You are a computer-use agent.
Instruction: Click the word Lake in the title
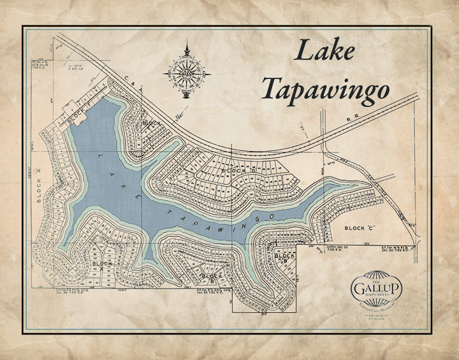325,51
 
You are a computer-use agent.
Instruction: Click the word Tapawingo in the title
326,89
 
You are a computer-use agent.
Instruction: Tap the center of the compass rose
187,73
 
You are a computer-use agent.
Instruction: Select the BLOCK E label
152,122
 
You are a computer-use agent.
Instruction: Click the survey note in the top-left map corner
40,64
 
